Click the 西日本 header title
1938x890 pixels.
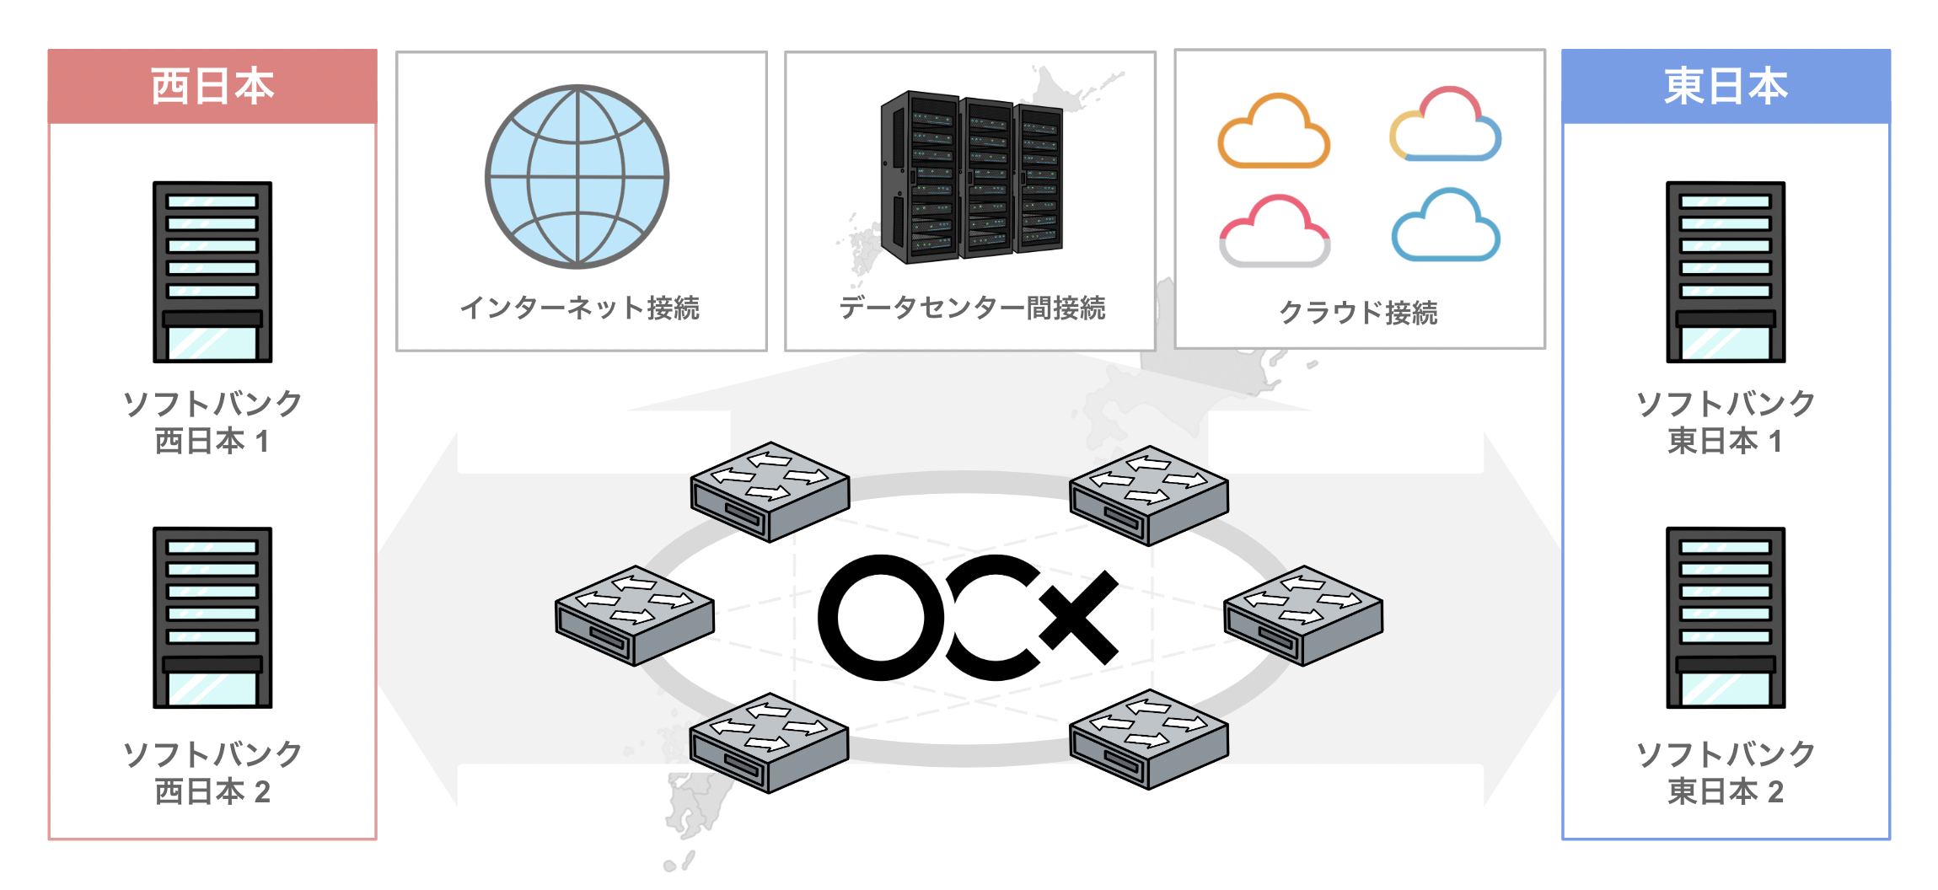pos(212,86)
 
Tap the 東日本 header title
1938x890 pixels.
pos(1726,86)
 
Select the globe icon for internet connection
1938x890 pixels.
pos(577,177)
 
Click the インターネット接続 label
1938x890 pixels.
pos(580,308)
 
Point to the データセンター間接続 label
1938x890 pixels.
pos(972,308)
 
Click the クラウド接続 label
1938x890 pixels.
pos(1359,313)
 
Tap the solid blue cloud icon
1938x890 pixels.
pos(1446,225)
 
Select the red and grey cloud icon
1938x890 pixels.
pos(1275,231)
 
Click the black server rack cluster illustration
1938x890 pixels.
pos(971,176)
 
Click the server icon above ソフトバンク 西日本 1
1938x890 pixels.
pos(212,272)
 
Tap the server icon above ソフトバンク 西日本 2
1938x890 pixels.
pos(212,618)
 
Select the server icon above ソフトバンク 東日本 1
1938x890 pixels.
pos(1726,272)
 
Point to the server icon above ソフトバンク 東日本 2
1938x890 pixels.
pos(1726,618)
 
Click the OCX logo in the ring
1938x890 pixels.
pos(969,618)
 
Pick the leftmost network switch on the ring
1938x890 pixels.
pos(635,616)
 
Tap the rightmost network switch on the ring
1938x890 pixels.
pos(1303,616)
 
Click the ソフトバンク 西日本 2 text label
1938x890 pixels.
pos(212,773)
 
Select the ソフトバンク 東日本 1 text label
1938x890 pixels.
pos(1726,422)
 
